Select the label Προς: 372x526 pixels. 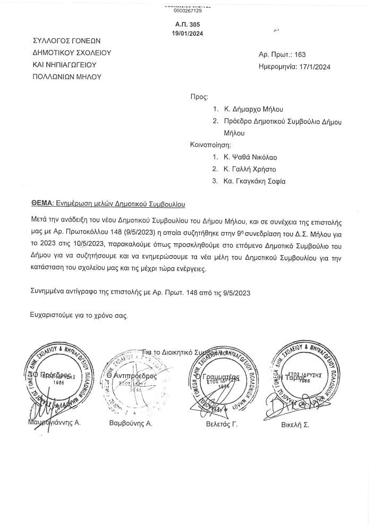pyautogui.click(x=200, y=97)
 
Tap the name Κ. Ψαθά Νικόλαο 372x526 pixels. pyautogui.click(x=251, y=157)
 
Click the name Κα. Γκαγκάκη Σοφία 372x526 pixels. pyautogui.click(x=255, y=181)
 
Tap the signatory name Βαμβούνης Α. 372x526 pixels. pyautogui.click(x=130, y=424)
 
